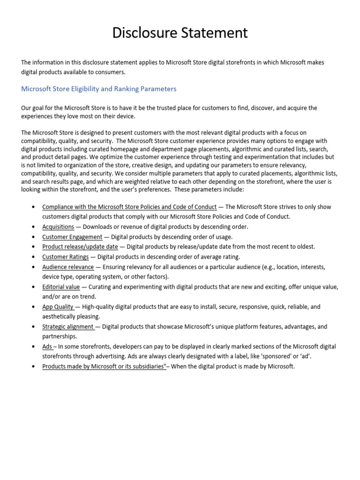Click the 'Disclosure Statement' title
pos(180,33)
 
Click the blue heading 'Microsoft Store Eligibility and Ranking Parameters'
pos(98,89)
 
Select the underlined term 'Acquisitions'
pos(58,227)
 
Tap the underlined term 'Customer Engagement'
pos(72,237)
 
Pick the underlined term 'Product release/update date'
pos(80,247)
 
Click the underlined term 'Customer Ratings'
pos(65,257)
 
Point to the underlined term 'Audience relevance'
pos(68,267)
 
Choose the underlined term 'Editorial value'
pos(61,287)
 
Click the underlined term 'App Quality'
pos(58,307)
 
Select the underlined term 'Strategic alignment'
pos(68,327)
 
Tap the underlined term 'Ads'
pos(47,346)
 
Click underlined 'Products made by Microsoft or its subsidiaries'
pos(104,367)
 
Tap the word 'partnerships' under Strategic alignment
pos(60,337)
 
